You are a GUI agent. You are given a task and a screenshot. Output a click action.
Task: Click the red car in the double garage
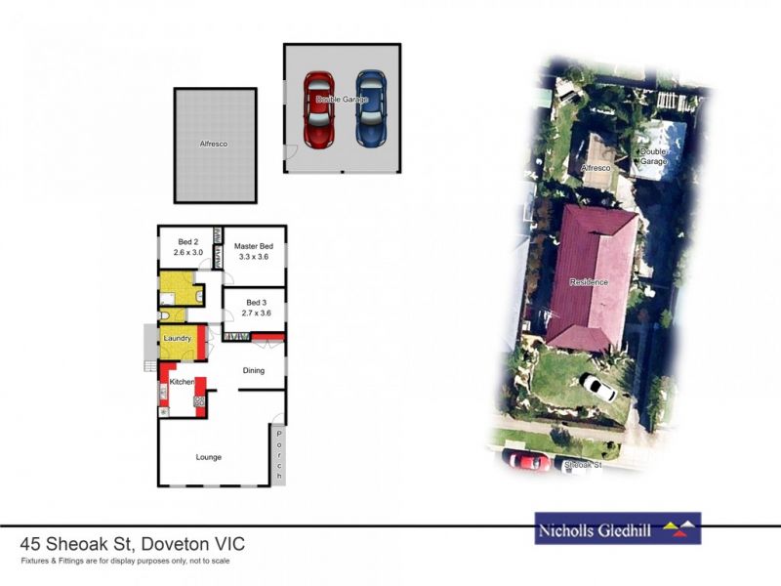318,108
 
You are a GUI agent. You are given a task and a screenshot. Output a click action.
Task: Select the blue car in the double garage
370,108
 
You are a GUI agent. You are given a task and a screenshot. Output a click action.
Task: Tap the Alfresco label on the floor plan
215,144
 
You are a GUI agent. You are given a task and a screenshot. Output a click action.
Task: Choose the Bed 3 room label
257,303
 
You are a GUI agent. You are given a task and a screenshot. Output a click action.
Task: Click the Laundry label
177,338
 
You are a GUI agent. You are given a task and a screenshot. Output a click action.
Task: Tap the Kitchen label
183,382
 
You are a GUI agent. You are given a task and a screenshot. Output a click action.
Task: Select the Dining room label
254,370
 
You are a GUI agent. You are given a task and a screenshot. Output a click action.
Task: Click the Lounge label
208,457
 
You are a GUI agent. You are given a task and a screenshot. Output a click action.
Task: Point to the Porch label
279,454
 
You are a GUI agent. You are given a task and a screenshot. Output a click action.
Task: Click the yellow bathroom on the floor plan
176,291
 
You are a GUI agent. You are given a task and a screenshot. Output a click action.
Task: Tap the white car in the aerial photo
596,388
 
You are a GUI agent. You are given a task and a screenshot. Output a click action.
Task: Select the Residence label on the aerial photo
589,282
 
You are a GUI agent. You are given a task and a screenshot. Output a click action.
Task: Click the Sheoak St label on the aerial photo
583,466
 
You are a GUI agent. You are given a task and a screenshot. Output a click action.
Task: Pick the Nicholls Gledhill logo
617,529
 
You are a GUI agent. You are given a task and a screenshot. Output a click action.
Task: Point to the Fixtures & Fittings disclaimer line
125,561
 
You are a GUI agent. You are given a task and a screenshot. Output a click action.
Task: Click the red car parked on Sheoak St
527,458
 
